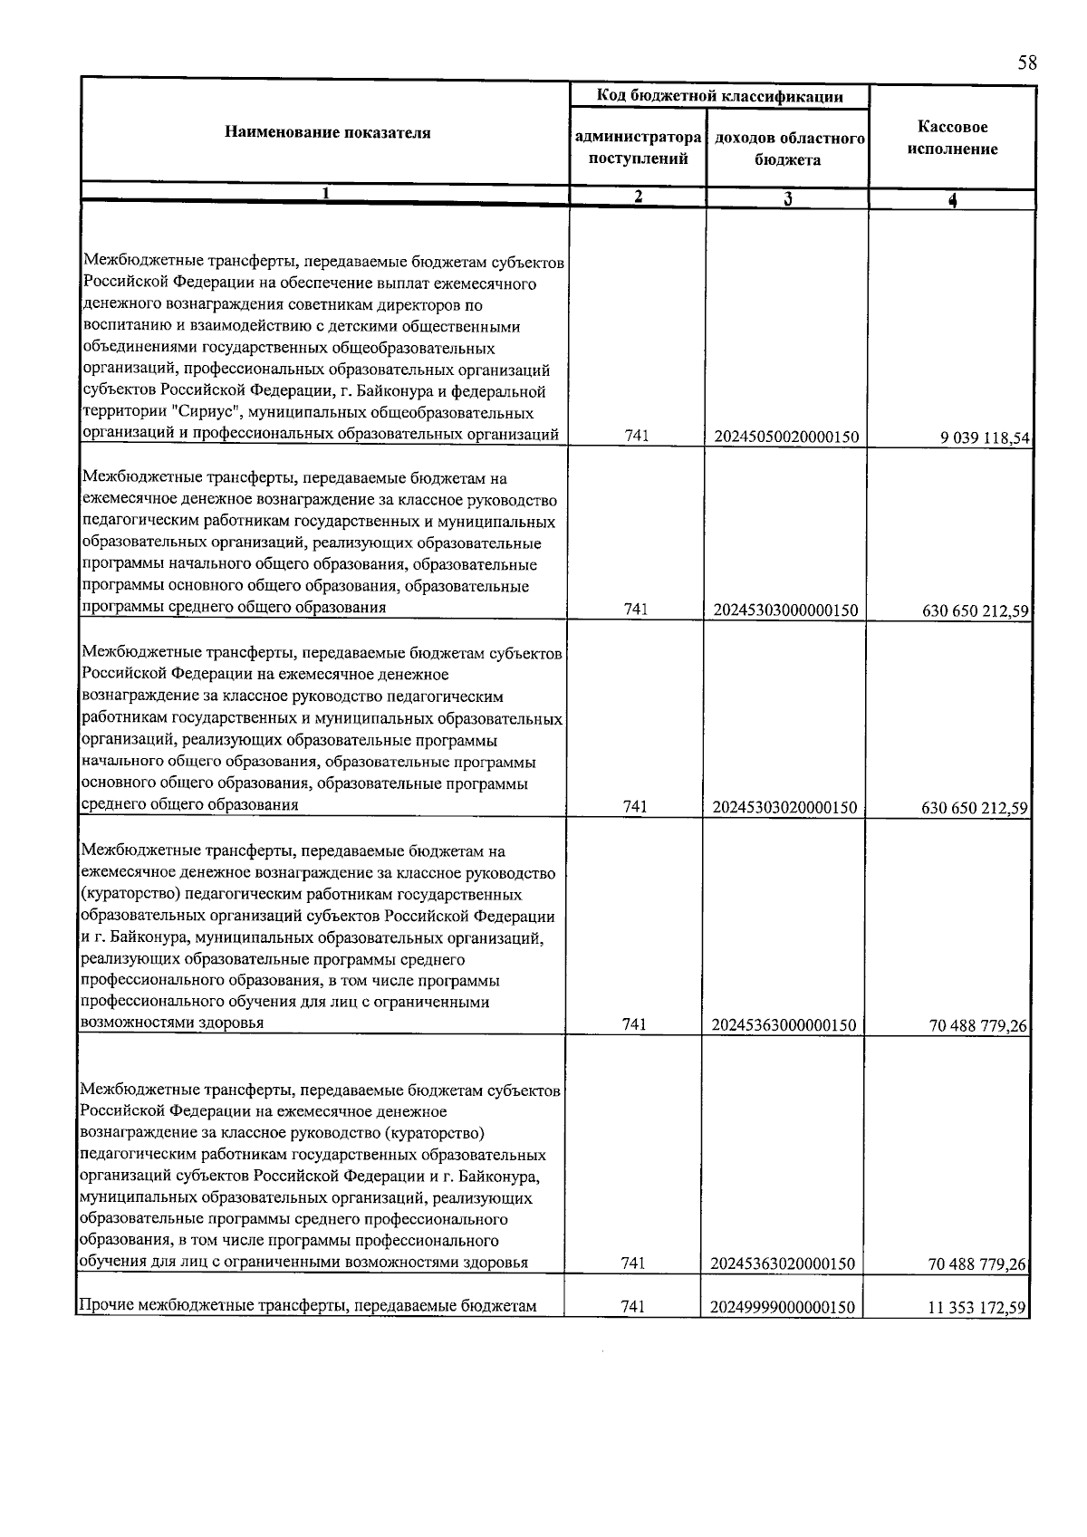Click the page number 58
[x=1026, y=62]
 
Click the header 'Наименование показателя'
[x=327, y=133]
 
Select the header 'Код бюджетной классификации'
[x=720, y=96]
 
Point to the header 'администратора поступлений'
[x=639, y=149]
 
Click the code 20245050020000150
[x=786, y=437]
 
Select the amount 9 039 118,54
[x=986, y=438]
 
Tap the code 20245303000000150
[x=785, y=610]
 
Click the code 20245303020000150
[x=785, y=807]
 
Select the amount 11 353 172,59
[x=976, y=1308]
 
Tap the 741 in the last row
[x=634, y=1307]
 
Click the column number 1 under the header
[x=325, y=193]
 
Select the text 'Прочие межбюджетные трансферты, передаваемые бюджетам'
[x=309, y=1306]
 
